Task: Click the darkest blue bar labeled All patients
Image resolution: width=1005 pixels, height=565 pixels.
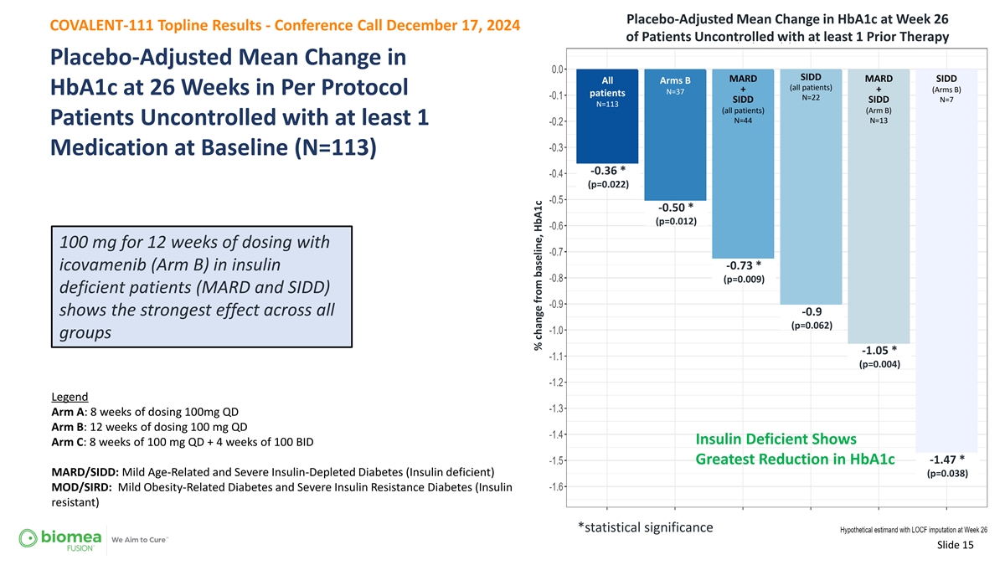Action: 607,116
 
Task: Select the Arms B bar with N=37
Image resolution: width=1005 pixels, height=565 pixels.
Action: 675,135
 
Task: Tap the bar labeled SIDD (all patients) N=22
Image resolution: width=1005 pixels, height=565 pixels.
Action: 811,187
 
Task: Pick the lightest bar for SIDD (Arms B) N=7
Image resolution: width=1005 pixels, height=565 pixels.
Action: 946,261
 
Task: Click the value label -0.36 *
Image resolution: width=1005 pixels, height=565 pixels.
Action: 608,171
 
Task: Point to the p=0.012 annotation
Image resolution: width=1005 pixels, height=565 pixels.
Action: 676,221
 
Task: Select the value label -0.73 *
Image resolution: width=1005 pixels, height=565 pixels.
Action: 744,265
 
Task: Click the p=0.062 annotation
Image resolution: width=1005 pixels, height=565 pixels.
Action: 812,325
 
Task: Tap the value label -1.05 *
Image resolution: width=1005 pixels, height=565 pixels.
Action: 879,350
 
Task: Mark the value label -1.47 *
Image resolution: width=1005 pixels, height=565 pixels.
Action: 946,460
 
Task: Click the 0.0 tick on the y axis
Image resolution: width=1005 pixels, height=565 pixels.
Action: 557,69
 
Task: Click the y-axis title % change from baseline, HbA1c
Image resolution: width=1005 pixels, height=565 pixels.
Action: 538,275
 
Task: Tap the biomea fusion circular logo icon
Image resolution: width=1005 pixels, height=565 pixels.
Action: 28,538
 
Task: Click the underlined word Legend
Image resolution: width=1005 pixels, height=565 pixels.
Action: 70,397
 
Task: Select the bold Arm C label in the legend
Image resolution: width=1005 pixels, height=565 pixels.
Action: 68,442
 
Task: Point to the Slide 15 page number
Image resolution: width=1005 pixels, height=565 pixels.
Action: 956,545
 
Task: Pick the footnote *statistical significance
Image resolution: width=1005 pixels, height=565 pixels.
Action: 645,527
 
